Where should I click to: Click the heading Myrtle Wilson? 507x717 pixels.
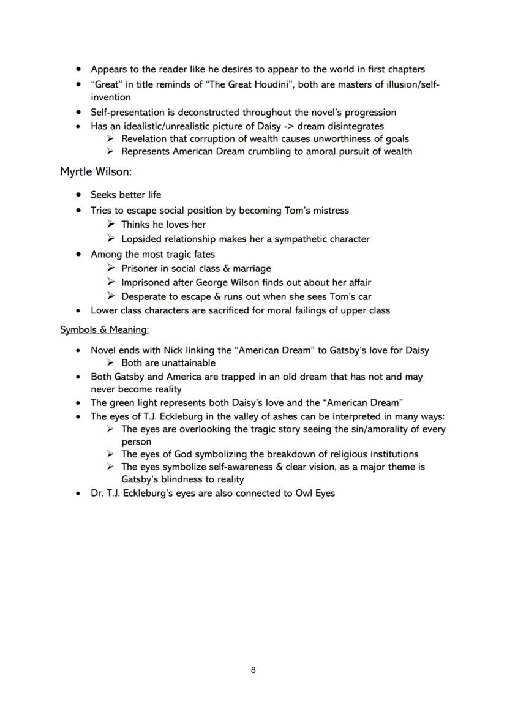click(96, 172)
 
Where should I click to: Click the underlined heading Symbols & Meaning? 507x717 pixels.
click(104, 330)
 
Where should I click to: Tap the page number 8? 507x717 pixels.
click(254, 670)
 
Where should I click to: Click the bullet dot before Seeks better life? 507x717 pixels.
click(78, 195)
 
